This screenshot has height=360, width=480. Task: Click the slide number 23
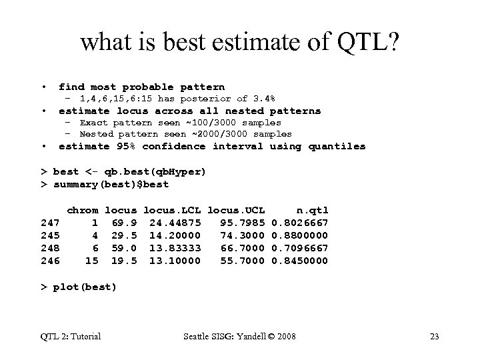(x=435, y=336)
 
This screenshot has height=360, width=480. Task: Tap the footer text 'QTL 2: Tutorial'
(x=70, y=336)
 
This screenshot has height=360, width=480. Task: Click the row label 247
(x=51, y=222)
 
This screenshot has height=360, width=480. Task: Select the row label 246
(x=51, y=261)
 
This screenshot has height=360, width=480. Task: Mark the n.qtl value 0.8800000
(x=300, y=235)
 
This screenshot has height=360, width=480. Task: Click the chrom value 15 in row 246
(x=92, y=261)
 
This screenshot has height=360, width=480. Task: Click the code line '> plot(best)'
(x=79, y=287)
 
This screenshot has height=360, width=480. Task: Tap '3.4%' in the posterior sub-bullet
(x=261, y=99)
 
